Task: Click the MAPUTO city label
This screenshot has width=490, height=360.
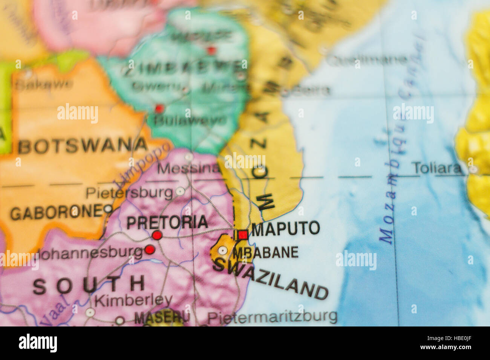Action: pos(286,228)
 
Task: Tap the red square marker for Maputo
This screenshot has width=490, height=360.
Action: pos(243,235)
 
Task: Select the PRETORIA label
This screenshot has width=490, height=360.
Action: pos(167,222)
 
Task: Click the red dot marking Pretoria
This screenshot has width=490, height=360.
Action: pos(157,235)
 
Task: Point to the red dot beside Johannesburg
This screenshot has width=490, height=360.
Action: pos(150,249)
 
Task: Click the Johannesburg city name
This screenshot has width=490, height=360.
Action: pos(90,253)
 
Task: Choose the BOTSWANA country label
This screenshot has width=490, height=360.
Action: pos(83,146)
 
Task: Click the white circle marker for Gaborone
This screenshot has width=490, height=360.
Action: pos(108,209)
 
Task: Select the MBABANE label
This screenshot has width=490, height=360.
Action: pos(265,252)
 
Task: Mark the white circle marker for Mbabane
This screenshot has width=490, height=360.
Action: pos(223,250)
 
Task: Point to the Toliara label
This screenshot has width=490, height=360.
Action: pos(437,168)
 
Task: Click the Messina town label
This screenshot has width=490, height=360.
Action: pos(188,168)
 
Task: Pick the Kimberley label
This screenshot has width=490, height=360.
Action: pos(133,301)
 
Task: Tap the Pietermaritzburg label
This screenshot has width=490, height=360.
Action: pos(272,317)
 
